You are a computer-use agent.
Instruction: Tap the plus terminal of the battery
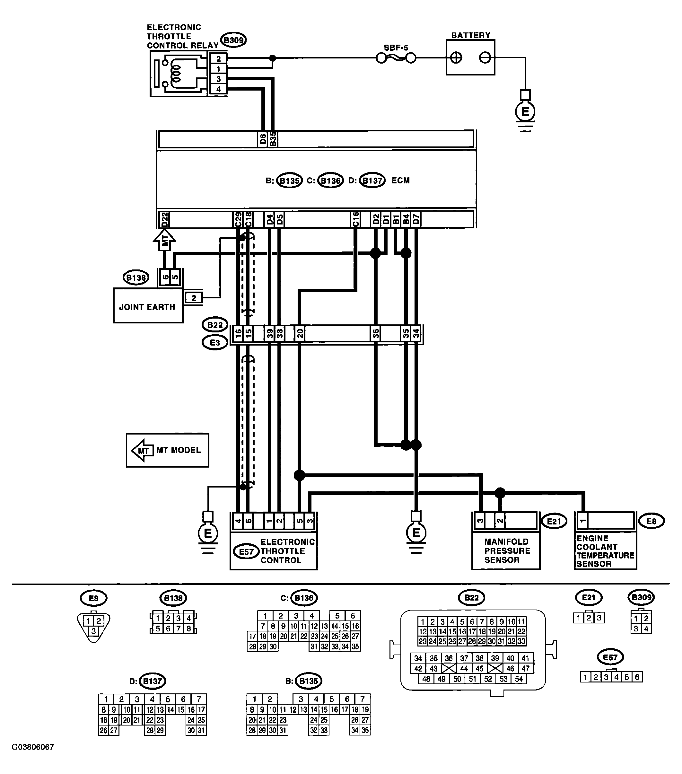point(456,58)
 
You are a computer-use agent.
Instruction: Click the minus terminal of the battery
point(485,58)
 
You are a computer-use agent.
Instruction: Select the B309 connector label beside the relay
point(234,40)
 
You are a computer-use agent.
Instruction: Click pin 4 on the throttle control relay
point(218,89)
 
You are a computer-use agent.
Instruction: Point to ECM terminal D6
point(263,139)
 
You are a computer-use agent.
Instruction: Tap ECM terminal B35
point(273,139)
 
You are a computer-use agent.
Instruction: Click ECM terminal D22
point(164,220)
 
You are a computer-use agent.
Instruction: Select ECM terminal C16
point(355,220)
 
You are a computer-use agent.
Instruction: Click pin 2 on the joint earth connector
point(194,298)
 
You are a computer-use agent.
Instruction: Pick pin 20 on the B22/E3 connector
point(300,334)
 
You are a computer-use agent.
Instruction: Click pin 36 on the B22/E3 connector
point(376,334)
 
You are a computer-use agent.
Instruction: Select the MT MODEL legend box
point(167,450)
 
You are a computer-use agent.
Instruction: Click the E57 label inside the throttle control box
point(246,552)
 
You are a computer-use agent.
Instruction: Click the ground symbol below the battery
point(525,111)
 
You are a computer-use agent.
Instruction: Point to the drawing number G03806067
point(33,747)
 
